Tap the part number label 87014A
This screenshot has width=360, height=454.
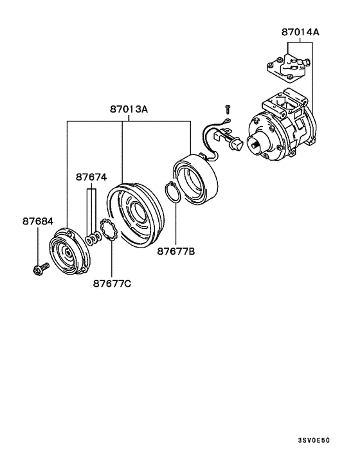coord(301,30)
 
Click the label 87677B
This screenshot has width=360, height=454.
coord(175,251)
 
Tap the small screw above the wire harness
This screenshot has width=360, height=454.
coord(226,109)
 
